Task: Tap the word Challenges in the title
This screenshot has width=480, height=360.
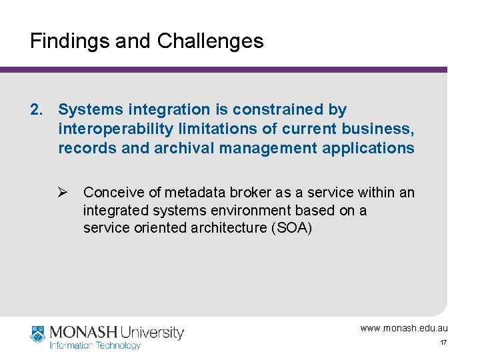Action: (210, 41)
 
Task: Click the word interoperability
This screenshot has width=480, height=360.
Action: (111, 129)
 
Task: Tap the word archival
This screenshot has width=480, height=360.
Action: (181, 148)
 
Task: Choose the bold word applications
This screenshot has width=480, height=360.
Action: (368, 148)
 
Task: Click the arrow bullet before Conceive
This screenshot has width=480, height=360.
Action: (63, 193)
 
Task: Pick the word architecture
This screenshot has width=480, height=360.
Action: (211, 229)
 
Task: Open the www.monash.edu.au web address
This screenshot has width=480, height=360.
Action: (404, 328)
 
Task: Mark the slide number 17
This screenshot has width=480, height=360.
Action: (443, 343)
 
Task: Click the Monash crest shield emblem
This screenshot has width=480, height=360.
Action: (38, 334)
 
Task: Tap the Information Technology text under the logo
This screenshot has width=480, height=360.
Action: (95, 345)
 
